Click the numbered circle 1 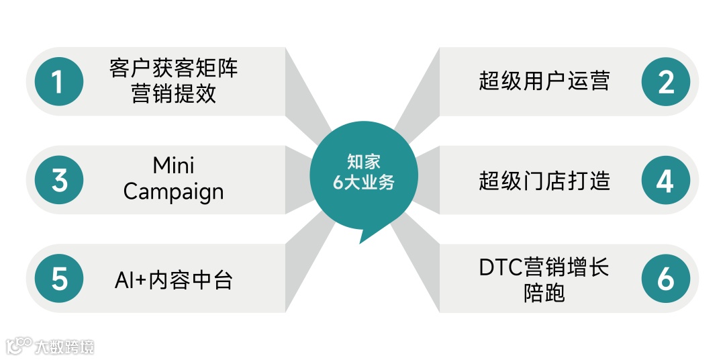[59, 82]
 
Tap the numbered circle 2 [665, 82]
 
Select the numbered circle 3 [59, 180]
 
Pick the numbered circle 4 [665, 180]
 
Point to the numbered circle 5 [59, 279]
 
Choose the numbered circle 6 [665, 279]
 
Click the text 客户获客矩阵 [173, 69]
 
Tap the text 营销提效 [173, 94]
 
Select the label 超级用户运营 [544, 81]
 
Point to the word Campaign [173, 192]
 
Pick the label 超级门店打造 [544, 180]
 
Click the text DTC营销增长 [544, 267]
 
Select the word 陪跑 [544, 293]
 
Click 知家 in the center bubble [363, 162]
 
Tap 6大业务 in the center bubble [363, 182]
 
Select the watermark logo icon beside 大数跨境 [19, 345]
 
